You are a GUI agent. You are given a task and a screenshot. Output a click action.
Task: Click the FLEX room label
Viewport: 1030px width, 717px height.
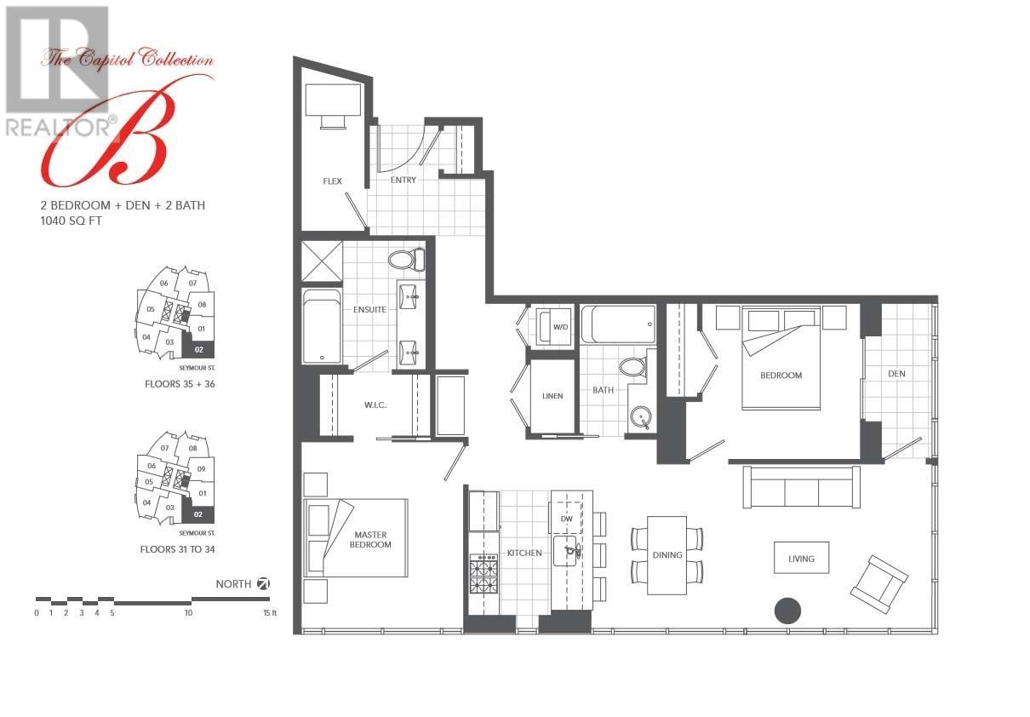[x=332, y=181]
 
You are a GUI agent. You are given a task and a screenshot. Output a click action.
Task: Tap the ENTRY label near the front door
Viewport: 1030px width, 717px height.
[x=403, y=180]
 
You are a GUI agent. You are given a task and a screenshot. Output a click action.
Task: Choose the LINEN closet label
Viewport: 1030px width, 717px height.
[x=552, y=396]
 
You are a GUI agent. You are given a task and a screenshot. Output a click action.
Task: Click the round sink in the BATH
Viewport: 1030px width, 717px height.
[x=640, y=417]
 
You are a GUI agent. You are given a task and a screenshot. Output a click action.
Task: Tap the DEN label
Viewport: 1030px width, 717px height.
[x=896, y=373]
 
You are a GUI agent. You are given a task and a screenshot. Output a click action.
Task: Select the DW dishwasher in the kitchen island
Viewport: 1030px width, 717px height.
[x=567, y=518]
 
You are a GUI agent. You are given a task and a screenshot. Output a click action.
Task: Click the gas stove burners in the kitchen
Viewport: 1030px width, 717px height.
[x=484, y=574]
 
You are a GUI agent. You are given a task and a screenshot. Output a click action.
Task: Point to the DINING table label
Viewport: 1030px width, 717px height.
[x=667, y=555]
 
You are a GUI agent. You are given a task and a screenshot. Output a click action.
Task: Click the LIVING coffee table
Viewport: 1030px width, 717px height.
[x=801, y=559]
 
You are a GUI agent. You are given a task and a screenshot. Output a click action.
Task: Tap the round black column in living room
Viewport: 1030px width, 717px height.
[x=787, y=611]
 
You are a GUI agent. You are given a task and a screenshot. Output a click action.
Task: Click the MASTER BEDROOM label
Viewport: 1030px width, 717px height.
[x=371, y=539]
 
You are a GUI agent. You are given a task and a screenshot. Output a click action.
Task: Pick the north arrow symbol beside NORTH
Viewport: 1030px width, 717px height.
[x=264, y=583]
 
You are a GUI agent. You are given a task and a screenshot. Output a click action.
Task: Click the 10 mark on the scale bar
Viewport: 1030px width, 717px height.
[x=188, y=613]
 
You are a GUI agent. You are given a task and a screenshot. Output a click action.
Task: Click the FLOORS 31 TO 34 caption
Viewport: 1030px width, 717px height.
[x=177, y=550]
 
